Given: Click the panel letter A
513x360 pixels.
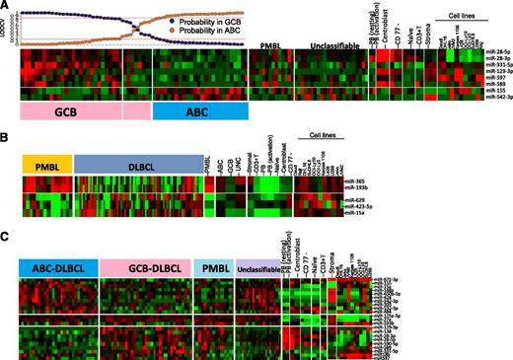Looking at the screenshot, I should pyautogui.click(x=7, y=7).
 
